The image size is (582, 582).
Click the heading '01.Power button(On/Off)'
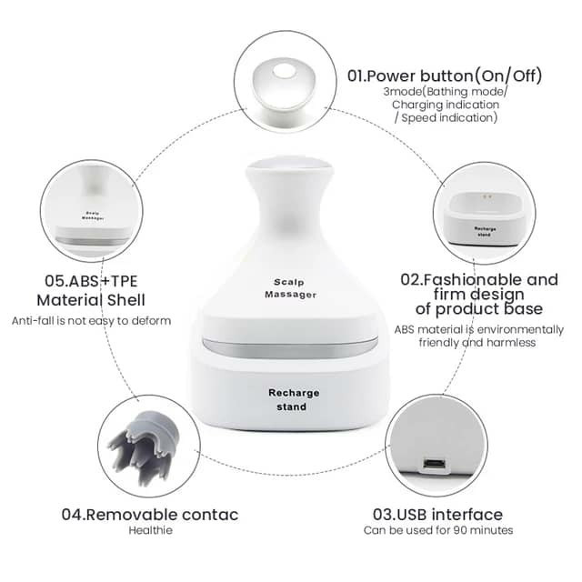pyautogui.click(x=445, y=75)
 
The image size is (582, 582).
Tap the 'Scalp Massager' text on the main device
pyautogui.click(x=290, y=288)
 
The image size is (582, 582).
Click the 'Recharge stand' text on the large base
pyautogui.click(x=293, y=400)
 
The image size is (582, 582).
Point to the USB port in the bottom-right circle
pyautogui.click(x=435, y=464)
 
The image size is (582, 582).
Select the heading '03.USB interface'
pyautogui.click(x=437, y=515)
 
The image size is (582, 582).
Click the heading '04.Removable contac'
pyautogui.click(x=149, y=515)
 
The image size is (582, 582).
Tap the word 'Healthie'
pyautogui.click(x=150, y=530)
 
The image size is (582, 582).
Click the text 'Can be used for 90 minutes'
pyautogui.click(x=438, y=530)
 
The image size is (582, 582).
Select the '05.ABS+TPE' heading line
pyautogui.click(x=91, y=281)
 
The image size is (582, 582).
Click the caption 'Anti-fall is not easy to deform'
pyautogui.click(x=91, y=321)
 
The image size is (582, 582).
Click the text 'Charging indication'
pyautogui.click(x=446, y=105)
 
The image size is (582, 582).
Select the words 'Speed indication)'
pyautogui.click(x=449, y=118)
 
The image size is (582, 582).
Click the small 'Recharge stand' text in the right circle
pyautogui.click(x=485, y=232)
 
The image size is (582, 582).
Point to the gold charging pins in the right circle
pyautogui.click(x=487, y=196)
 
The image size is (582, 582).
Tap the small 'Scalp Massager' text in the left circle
pyautogui.click(x=93, y=216)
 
